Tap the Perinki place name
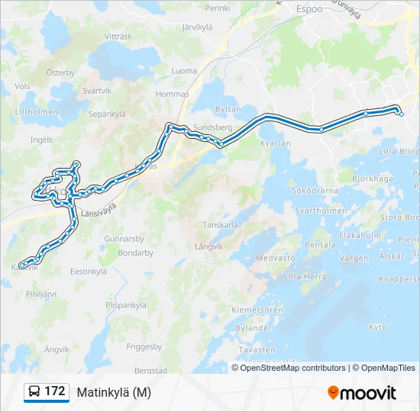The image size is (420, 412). [218, 8]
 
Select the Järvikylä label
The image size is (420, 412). [197, 27]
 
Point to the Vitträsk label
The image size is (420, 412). [118, 37]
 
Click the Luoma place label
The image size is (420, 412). [184, 71]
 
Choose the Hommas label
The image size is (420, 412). [172, 95]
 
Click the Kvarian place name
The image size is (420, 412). [276, 143]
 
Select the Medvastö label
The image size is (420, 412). [275, 258]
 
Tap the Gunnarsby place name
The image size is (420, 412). [124, 239]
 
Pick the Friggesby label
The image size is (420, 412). [144, 346]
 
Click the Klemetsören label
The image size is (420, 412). [257, 311]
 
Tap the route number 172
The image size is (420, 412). [54, 391]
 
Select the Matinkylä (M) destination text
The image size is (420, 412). [114, 392]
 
